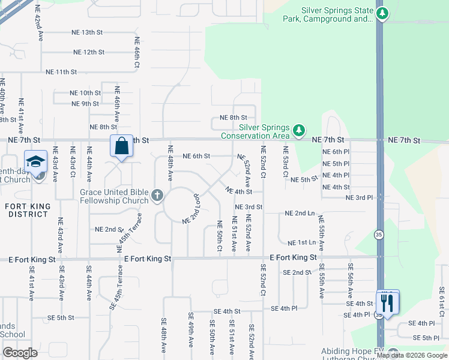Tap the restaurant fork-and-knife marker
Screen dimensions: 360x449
(387, 302)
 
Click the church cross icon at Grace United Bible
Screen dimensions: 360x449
(157, 195)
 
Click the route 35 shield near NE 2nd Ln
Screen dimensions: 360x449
(378, 234)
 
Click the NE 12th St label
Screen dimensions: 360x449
(89, 52)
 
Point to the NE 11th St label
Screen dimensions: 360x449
(61, 72)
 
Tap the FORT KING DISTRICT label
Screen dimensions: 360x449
(23, 210)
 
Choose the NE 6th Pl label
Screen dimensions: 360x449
(336, 152)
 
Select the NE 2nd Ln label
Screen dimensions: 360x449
(300, 214)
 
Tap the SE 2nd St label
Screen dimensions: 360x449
(297, 272)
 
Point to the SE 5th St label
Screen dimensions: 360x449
(60, 318)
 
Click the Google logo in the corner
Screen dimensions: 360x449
(20, 353)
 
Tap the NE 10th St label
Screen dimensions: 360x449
(85, 93)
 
